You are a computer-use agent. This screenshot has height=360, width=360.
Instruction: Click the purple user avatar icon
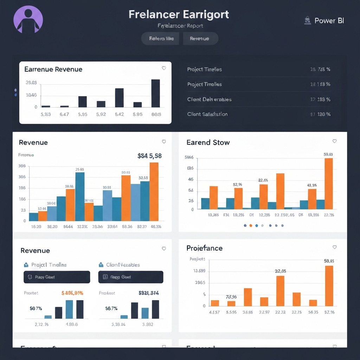click(x=28, y=19)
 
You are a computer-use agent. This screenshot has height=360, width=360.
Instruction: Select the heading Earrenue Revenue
click(x=53, y=69)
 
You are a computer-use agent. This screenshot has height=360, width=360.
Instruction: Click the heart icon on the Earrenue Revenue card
click(x=164, y=68)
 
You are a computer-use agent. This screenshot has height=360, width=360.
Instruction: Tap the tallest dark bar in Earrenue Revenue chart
click(x=155, y=93)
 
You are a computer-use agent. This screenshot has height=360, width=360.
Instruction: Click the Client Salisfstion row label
click(x=207, y=114)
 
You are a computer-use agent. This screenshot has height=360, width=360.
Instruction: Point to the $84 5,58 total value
click(x=149, y=156)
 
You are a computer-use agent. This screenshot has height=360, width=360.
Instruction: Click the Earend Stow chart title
click(x=208, y=142)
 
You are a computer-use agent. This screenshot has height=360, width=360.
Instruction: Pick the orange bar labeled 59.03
click(x=328, y=184)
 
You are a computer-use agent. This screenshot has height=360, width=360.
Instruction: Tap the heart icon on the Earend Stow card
click(x=334, y=141)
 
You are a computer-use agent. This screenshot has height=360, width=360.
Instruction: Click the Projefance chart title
click(x=204, y=248)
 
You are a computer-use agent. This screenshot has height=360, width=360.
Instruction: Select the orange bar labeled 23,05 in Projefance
click(x=280, y=291)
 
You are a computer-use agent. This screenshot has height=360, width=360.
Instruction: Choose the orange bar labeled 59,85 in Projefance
click(x=329, y=285)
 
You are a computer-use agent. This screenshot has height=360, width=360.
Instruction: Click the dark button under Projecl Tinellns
click(x=57, y=277)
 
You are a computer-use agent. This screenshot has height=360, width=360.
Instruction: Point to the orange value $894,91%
click(x=72, y=292)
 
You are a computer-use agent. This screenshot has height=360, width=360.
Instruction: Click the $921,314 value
click(x=149, y=292)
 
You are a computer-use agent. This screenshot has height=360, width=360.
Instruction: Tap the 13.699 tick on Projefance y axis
click(x=199, y=271)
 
